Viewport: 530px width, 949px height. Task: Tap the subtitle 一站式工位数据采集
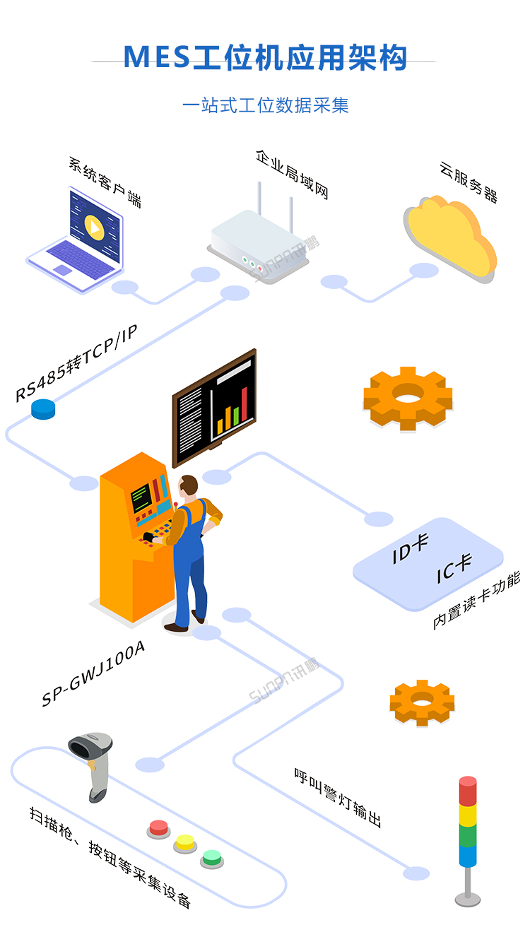(265, 106)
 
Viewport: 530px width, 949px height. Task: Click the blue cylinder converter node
(43, 408)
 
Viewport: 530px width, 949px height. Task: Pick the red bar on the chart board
(244, 406)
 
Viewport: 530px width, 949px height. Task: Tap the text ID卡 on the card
(411, 549)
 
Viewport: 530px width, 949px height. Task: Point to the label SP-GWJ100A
(93, 673)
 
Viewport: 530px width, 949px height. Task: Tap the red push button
(158, 827)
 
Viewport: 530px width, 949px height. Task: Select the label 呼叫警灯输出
(338, 797)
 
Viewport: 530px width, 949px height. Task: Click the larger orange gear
(408, 398)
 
